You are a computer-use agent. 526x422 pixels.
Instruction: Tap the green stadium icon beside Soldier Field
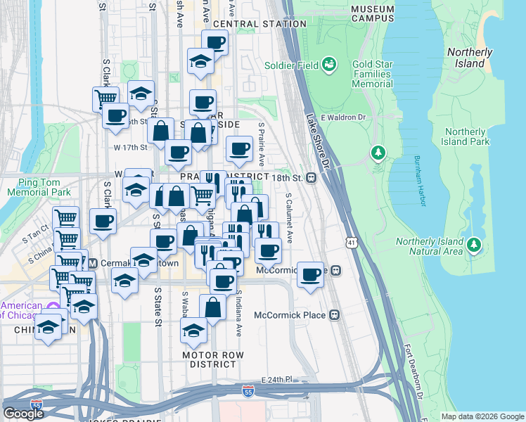click(328, 65)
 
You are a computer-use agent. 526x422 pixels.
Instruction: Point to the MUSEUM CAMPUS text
click(372, 14)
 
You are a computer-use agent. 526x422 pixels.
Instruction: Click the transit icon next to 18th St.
click(310, 178)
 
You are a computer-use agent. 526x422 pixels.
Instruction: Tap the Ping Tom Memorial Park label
click(39, 186)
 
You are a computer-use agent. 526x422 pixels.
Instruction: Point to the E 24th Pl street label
click(276, 380)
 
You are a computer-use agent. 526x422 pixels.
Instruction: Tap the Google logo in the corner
click(23, 414)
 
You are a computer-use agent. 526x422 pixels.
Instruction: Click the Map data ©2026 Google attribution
click(482, 416)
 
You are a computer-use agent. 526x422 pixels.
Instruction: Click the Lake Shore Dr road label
click(318, 141)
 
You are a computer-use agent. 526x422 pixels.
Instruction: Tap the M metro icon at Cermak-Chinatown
click(92, 263)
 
